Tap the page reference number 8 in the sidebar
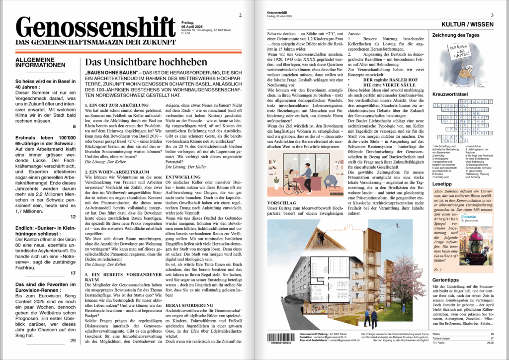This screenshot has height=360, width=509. click(74, 127)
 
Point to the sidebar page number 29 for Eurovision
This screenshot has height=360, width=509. click(73, 341)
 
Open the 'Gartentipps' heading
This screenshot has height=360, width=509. click(447, 280)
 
